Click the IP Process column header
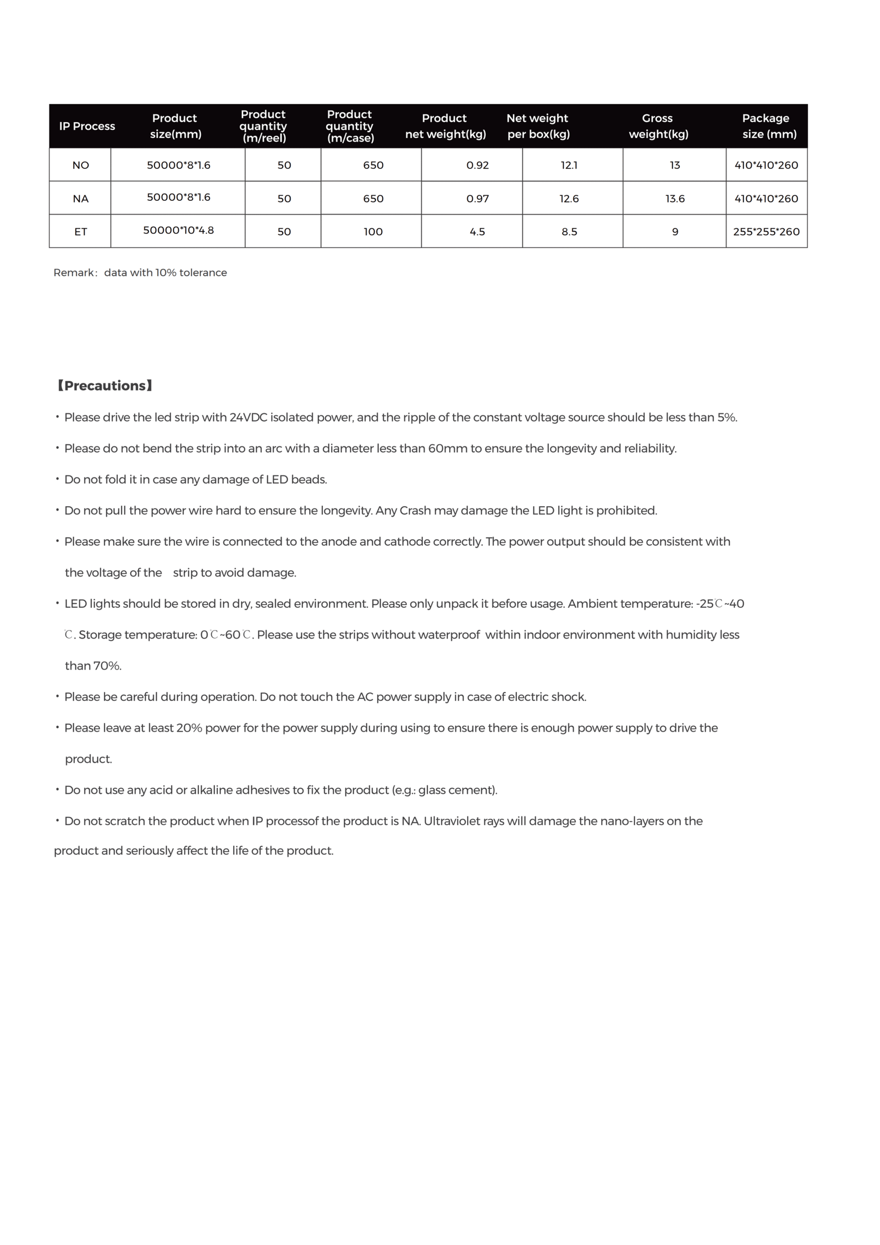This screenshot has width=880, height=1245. click(x=87, y=126)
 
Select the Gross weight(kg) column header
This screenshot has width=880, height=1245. click(x=658, y=126)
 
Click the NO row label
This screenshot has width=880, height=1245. click(x=80, y=165)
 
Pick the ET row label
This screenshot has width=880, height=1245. click(x=80, y=232)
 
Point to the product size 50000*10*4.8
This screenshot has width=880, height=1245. click(x=178, y=230)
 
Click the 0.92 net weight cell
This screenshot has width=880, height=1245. click(x=477, y=165)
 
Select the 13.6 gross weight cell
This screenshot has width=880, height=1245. click(x=674, y=199)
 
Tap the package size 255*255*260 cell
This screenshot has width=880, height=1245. click(x=766, y=232)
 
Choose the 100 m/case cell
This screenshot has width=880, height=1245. click(x=372, y=232)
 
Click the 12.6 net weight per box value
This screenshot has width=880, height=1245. click(x=569, y=199)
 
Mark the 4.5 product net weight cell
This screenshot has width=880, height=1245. click(x=477, y=232)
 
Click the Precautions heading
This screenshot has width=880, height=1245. click(x=105, y=386)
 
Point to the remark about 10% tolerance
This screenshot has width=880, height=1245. click(x=140, y=273)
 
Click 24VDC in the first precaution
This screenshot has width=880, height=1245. click(x=248, y=418)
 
